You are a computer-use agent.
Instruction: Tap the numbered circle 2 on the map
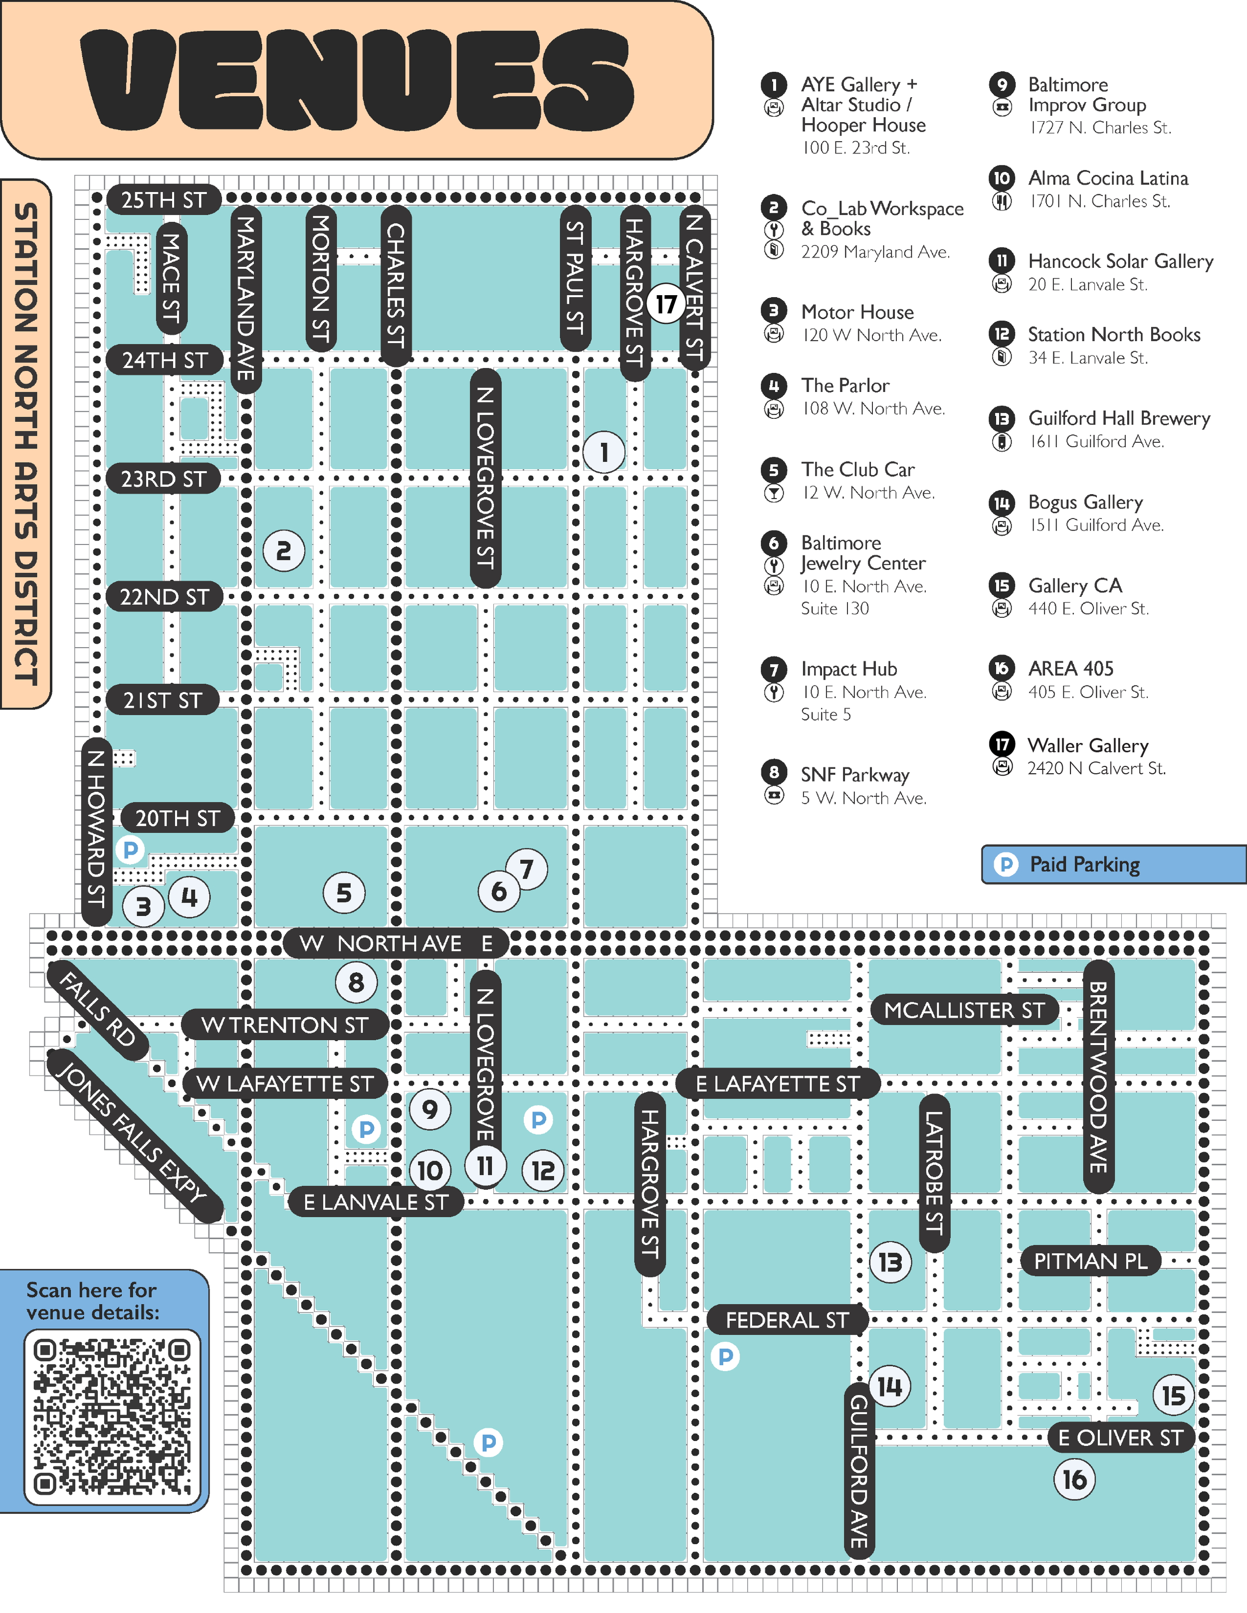284,551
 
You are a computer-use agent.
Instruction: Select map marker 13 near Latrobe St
890,1262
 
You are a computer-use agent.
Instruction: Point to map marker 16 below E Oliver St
1074,1479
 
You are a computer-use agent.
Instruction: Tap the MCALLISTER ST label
964,1010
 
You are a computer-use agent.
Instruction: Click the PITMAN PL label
1090,1260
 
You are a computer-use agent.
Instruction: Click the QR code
112,1417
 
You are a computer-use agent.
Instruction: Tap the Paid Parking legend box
1113,864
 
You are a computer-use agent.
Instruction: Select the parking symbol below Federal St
725,1356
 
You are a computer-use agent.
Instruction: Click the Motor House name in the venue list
857,312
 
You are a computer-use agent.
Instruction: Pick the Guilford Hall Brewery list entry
1118,418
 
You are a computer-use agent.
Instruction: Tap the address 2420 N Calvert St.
1096,768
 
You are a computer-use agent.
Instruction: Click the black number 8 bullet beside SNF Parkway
774,772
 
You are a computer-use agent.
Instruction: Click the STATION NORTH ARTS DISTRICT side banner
26,443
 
